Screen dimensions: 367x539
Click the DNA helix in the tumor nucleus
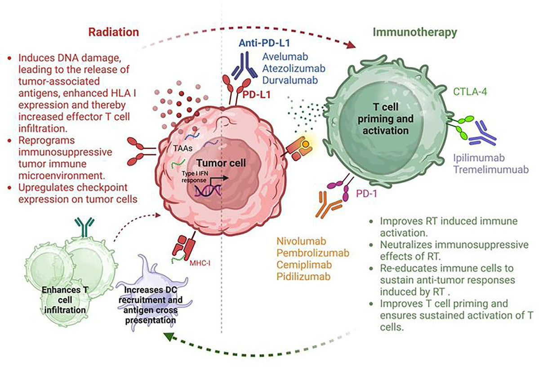208,191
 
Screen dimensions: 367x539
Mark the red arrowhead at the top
351,44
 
